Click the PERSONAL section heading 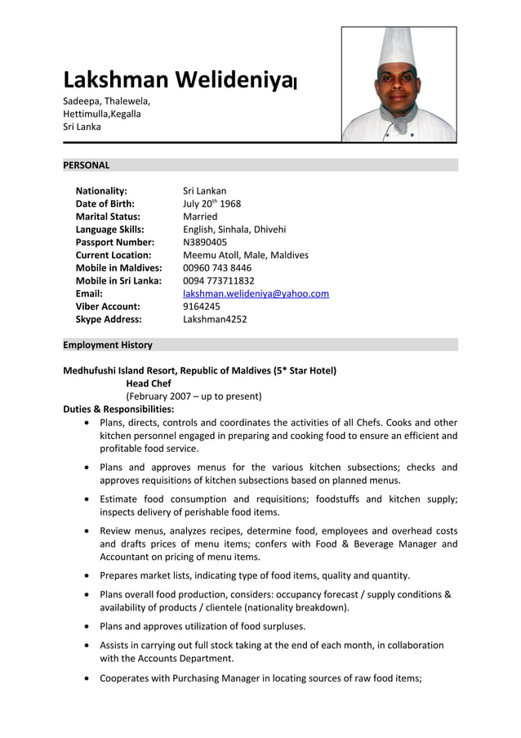87,165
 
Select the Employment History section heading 108,345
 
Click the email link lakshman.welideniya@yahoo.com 256,293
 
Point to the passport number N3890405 205,242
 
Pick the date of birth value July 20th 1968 212,204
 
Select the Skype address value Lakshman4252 215,319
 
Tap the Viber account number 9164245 201,306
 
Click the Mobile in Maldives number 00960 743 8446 217,267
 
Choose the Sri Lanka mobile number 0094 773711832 219,280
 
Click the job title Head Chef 149,383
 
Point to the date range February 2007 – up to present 194,396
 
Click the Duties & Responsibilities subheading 118,409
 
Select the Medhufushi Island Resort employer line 200,370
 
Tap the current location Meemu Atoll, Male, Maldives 246,255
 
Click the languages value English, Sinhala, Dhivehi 234,230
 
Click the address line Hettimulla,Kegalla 102,114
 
